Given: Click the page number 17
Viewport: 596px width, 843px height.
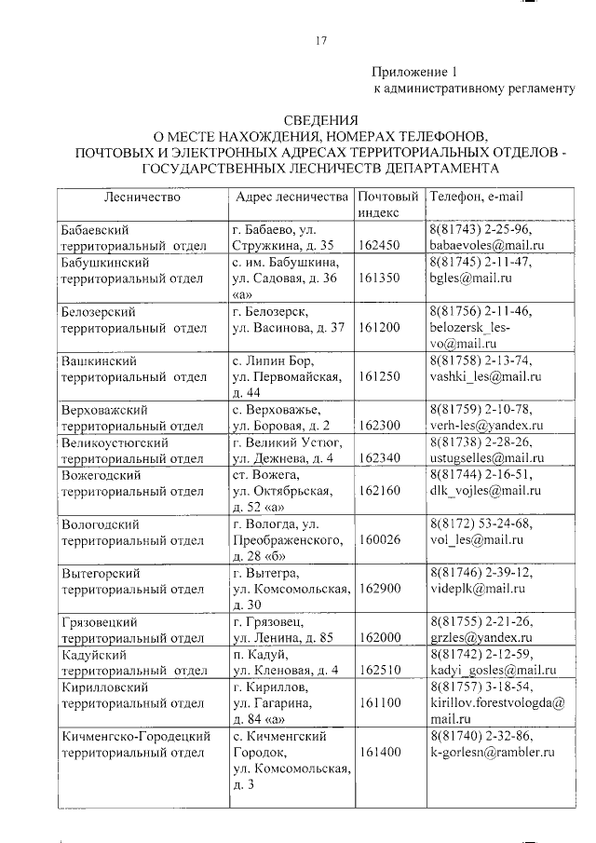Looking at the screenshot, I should (320, 40).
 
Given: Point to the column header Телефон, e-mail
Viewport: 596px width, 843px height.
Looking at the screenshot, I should (477, 197).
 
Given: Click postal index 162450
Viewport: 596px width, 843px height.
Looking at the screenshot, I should (378, 246).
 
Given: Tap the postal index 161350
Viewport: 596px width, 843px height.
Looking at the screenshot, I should (378, 279).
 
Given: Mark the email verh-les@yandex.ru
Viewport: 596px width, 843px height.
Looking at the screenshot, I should (485, 425).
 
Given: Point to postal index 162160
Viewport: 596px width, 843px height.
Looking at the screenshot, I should (378, 490).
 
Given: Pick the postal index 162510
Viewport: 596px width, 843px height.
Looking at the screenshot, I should (378, 670).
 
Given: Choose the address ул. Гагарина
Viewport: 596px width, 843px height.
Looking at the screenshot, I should (275, 702).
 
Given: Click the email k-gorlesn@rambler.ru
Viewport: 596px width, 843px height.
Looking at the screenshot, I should (493, 751).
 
